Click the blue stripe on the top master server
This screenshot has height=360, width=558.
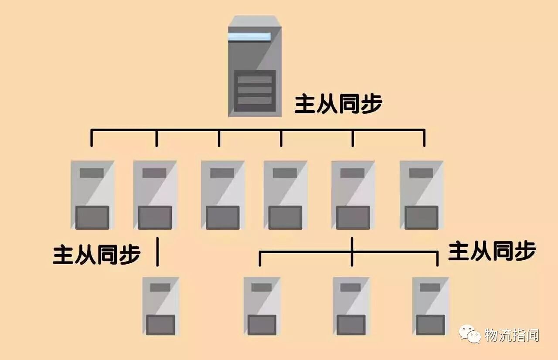249,37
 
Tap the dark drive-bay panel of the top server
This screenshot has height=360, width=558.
255,91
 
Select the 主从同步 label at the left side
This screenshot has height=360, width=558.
97,255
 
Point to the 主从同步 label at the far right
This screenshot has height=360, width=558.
492,251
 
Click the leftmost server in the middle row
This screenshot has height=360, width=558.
92,195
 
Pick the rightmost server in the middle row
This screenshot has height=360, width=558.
421,195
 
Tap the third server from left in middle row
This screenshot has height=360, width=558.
223,195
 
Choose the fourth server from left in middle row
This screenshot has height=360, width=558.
286,195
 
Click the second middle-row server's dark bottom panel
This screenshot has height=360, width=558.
155,217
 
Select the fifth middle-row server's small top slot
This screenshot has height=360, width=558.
352,173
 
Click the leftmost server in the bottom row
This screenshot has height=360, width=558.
160,306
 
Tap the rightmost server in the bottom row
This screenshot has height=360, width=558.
430,306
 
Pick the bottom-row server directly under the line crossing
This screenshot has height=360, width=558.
351,306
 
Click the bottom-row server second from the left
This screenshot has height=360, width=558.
262,306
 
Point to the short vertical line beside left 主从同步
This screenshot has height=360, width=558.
157,251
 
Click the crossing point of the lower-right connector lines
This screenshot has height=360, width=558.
352,251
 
